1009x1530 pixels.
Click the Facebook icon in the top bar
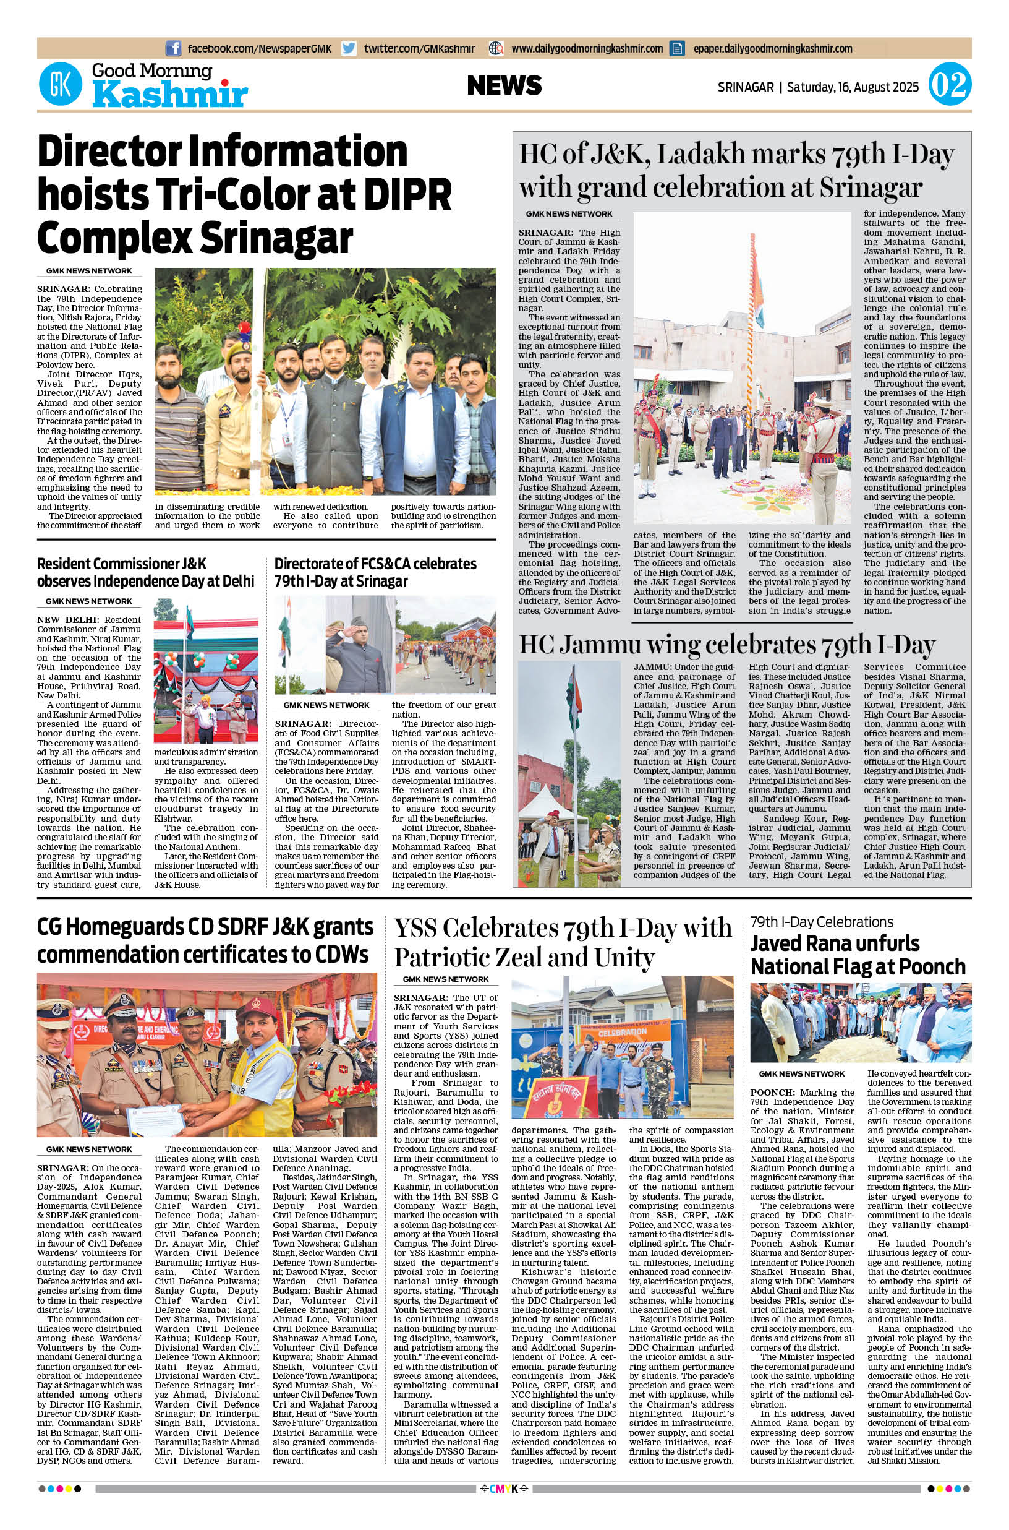pyautogui.click(x=173, y=48)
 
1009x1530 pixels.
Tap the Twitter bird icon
pyautogui.click(x=349, y=48)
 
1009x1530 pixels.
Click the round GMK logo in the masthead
pyautogui.click(x=60, y=84)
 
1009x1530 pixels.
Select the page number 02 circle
pyautogui.click(x=949, y=85)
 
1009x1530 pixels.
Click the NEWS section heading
pyautogui.click(x=504, y=85)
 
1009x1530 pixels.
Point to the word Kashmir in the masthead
pyautogui.click(x=170, y=96)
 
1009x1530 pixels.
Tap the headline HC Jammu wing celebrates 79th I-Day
pyautogui.click(x=726, y=644)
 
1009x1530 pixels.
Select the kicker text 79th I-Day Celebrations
pyautogui.click(x=822, y=921)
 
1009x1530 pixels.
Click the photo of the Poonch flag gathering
pyautogui.click(x=861, y=1022)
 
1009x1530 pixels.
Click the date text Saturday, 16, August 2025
pyautogui.click(x=853, y=86)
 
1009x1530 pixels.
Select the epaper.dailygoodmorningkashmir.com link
pyautogui.click(x=772, y=48)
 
